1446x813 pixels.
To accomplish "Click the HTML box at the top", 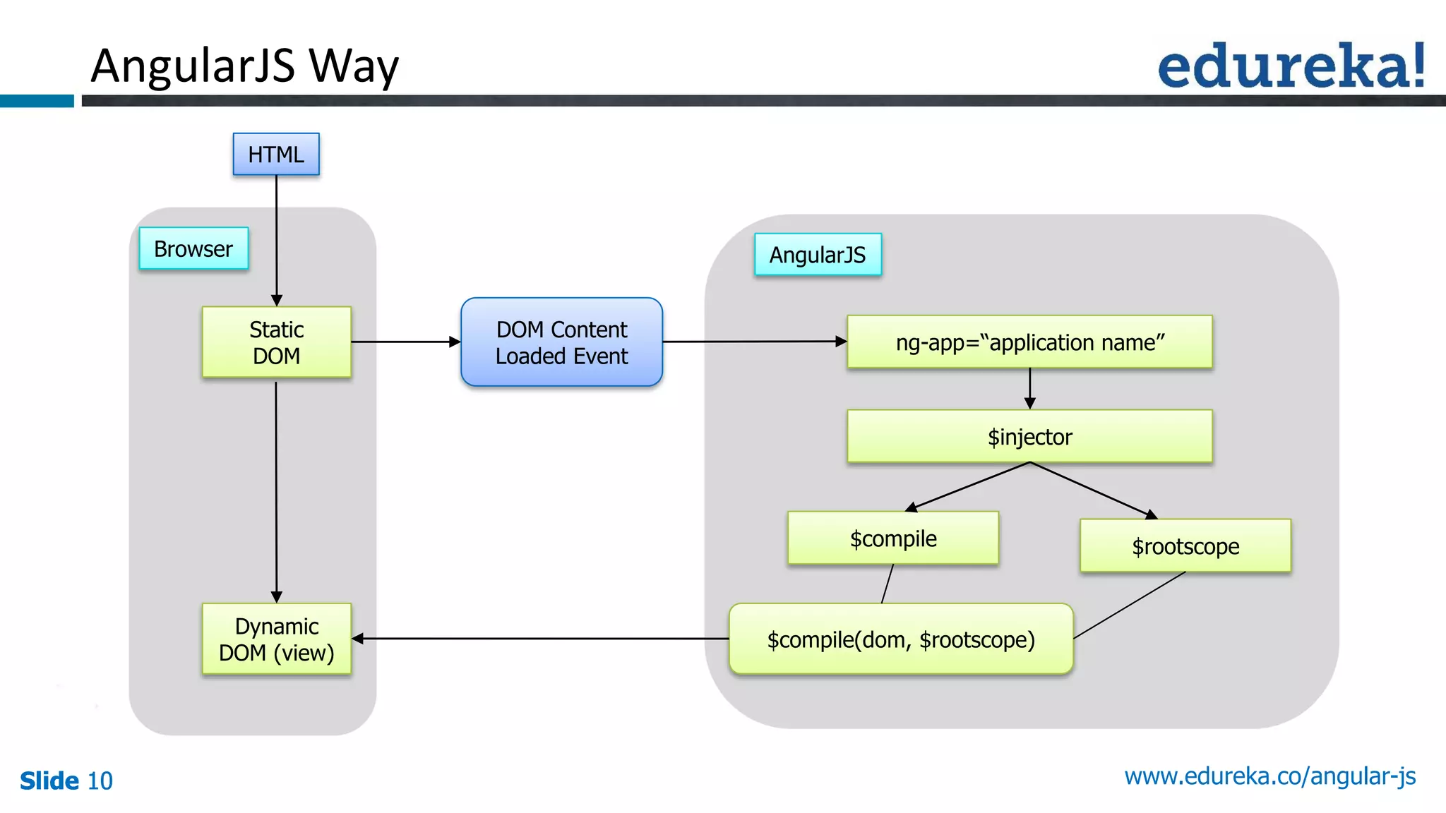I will (276, 154).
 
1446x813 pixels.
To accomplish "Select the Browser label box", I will (193, 248).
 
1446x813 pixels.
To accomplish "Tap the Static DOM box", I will (276, 342).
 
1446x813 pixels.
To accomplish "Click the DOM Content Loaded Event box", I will (561, 342).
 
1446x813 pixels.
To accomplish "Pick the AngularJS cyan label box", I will (818, 254).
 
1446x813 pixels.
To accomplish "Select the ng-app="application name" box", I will (1029, 342).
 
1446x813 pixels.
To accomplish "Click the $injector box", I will (1029, 437).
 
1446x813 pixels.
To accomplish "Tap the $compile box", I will (893, 538).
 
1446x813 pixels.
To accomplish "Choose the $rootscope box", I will (1185, 546).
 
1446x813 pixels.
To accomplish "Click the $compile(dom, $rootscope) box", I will (901, 639).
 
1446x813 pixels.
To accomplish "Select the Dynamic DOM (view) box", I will (276, 639).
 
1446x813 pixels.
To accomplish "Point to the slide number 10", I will (100, 781).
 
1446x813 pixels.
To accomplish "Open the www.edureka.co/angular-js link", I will (1269, 776).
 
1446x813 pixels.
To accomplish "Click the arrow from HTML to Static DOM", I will (276, 240).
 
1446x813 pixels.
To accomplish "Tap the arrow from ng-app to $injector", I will (1029, 388).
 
